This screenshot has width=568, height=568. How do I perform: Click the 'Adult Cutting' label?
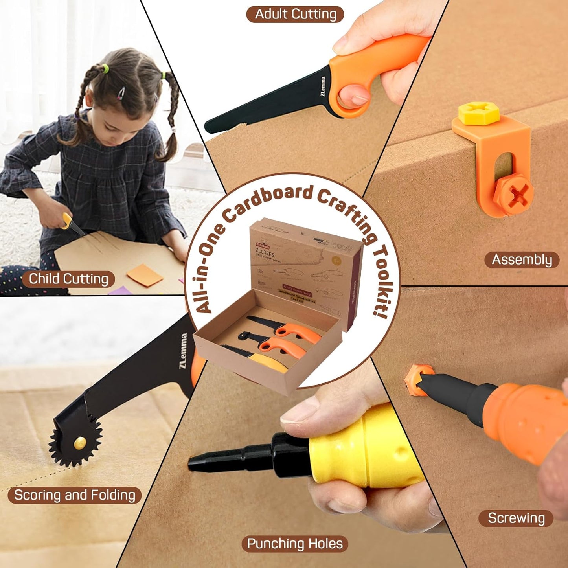click(x=295, y=15)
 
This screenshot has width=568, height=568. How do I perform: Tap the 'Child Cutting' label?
click(x=68, y=279)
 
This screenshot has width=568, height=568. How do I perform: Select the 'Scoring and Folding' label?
click(x=75, y=495)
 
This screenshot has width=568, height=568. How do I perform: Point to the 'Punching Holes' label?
click(x=295, y=544)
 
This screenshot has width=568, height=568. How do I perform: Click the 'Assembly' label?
click(x=522, y=260)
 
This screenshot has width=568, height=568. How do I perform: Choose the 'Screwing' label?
click(x=516, y=518)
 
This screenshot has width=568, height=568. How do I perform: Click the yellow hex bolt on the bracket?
click(x=479, y=113)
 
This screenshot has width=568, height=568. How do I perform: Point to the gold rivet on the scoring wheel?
click(x=80, y=443)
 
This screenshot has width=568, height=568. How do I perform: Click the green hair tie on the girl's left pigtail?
click(x=105, y=69)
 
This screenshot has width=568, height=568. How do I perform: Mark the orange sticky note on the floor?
click(x=144, y=274)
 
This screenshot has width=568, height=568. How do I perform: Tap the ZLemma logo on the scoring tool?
click(x=183, y=351)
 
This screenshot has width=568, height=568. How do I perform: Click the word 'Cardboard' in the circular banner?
click(x=268, y=202)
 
